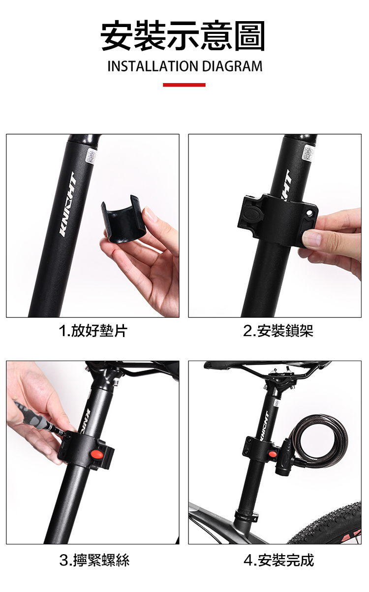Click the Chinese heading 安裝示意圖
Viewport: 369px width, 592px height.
(183, 35)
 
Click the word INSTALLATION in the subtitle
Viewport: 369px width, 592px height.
(153, 66)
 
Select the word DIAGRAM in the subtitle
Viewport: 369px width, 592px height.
(232, 66)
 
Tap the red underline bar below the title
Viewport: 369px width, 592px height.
(184, 85)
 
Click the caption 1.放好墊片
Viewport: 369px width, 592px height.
(93, 331)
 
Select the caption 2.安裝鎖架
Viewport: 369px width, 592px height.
(278, 331)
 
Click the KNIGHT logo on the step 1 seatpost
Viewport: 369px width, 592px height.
(68, 204)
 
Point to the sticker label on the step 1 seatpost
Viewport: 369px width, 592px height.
(92, 156)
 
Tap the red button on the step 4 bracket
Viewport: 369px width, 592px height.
(273, 454)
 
